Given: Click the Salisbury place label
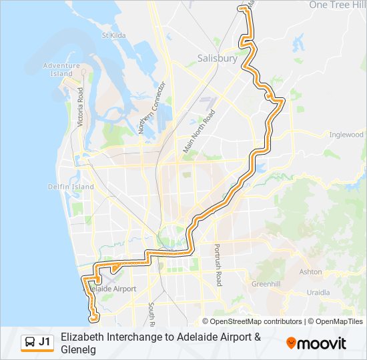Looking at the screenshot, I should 218,59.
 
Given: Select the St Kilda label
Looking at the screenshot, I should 113,35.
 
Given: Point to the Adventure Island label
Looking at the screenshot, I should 61,69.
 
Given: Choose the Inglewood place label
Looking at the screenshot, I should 346,135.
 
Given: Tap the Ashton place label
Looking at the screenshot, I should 311,272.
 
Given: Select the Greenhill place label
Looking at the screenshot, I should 266,284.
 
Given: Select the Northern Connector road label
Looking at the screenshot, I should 151,108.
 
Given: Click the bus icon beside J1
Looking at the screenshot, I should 29,343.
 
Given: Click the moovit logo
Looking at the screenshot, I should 316,343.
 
